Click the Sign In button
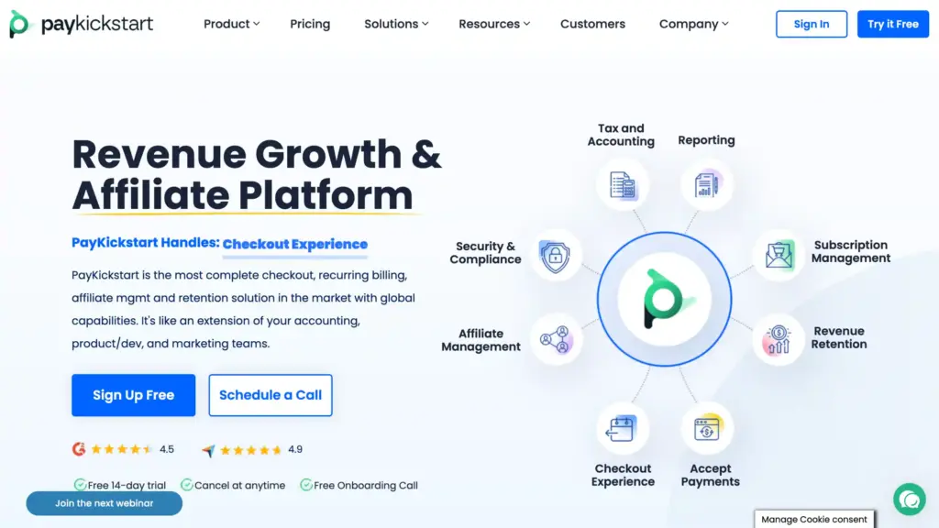coord(812,24)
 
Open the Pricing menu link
coord(310,24)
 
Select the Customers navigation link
coord(592,24)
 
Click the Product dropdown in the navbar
coord(231,24)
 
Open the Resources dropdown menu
coord(494,24)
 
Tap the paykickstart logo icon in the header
coord(18,24)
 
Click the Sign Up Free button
coord(134,395)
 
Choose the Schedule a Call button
coord(271,395)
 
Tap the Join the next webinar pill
coord(105,503)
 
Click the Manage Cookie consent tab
coord(814,519)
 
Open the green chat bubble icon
coord(909,500)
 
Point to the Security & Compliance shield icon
coord(555,257)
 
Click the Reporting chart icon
coord(707,184)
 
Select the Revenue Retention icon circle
coord(778,340)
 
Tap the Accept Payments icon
coord(707,429)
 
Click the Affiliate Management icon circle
coord(556,340)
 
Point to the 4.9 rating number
coord(295,449)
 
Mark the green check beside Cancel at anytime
coord(187,485)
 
